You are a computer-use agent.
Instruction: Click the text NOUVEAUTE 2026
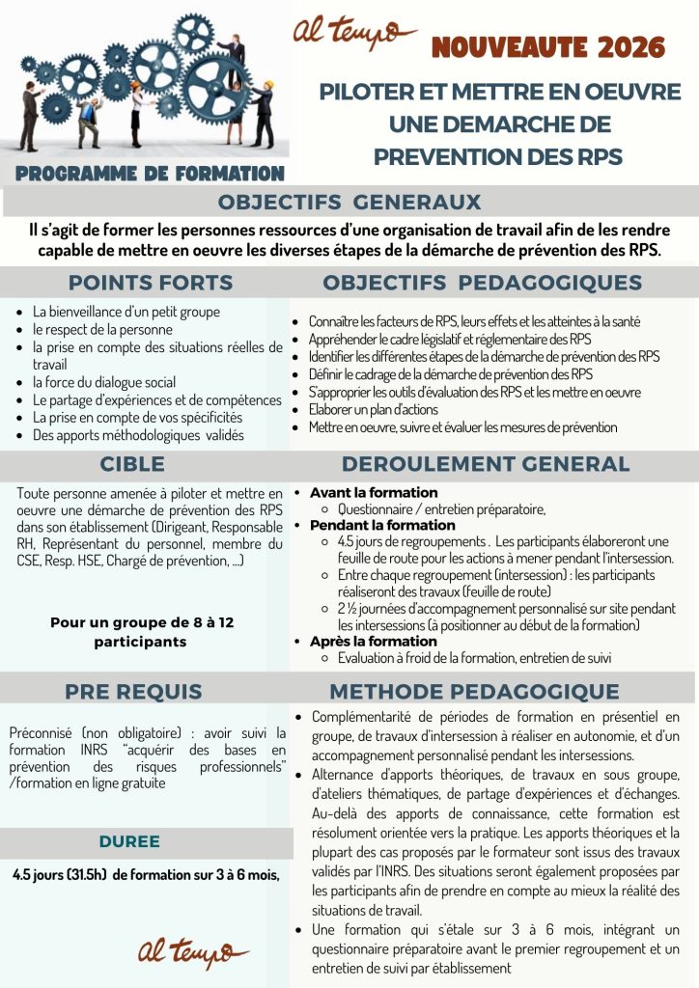(x=548, y=47)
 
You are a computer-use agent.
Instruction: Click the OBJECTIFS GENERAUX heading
(x=349, y=203)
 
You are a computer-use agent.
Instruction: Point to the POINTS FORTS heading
(x=150, y=283)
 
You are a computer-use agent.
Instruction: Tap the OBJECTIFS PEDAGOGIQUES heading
(x=482, y=283)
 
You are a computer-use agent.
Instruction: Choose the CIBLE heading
(x=132, y=464)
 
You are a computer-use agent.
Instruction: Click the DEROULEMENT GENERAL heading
(x=485, y=464)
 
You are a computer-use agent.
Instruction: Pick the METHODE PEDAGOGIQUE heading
(x=474, y=692)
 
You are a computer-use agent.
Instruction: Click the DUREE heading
(x=129, y=841)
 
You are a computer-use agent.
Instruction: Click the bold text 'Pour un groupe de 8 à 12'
(x=142, y=622)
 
